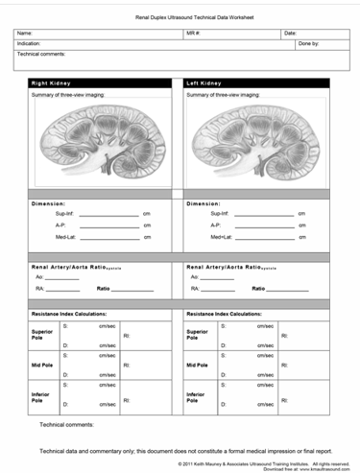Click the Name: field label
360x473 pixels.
tap(25, 34)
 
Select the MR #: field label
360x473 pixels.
tap(192, 34)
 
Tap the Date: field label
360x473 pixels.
tap(290, 34)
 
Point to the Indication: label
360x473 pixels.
tap(29, 43)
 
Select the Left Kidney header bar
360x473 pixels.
tap(256, 83)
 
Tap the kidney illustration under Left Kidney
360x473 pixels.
tap(257, 144)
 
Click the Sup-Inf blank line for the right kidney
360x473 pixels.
tap(108, 214)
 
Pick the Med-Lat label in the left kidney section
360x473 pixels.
tap(221, 237)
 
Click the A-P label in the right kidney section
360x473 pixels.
tap(60, 225)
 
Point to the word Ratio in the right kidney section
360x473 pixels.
tap(104, 288)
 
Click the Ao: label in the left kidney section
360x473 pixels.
tap(194, 277)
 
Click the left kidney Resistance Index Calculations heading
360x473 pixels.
tap(224, 313)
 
